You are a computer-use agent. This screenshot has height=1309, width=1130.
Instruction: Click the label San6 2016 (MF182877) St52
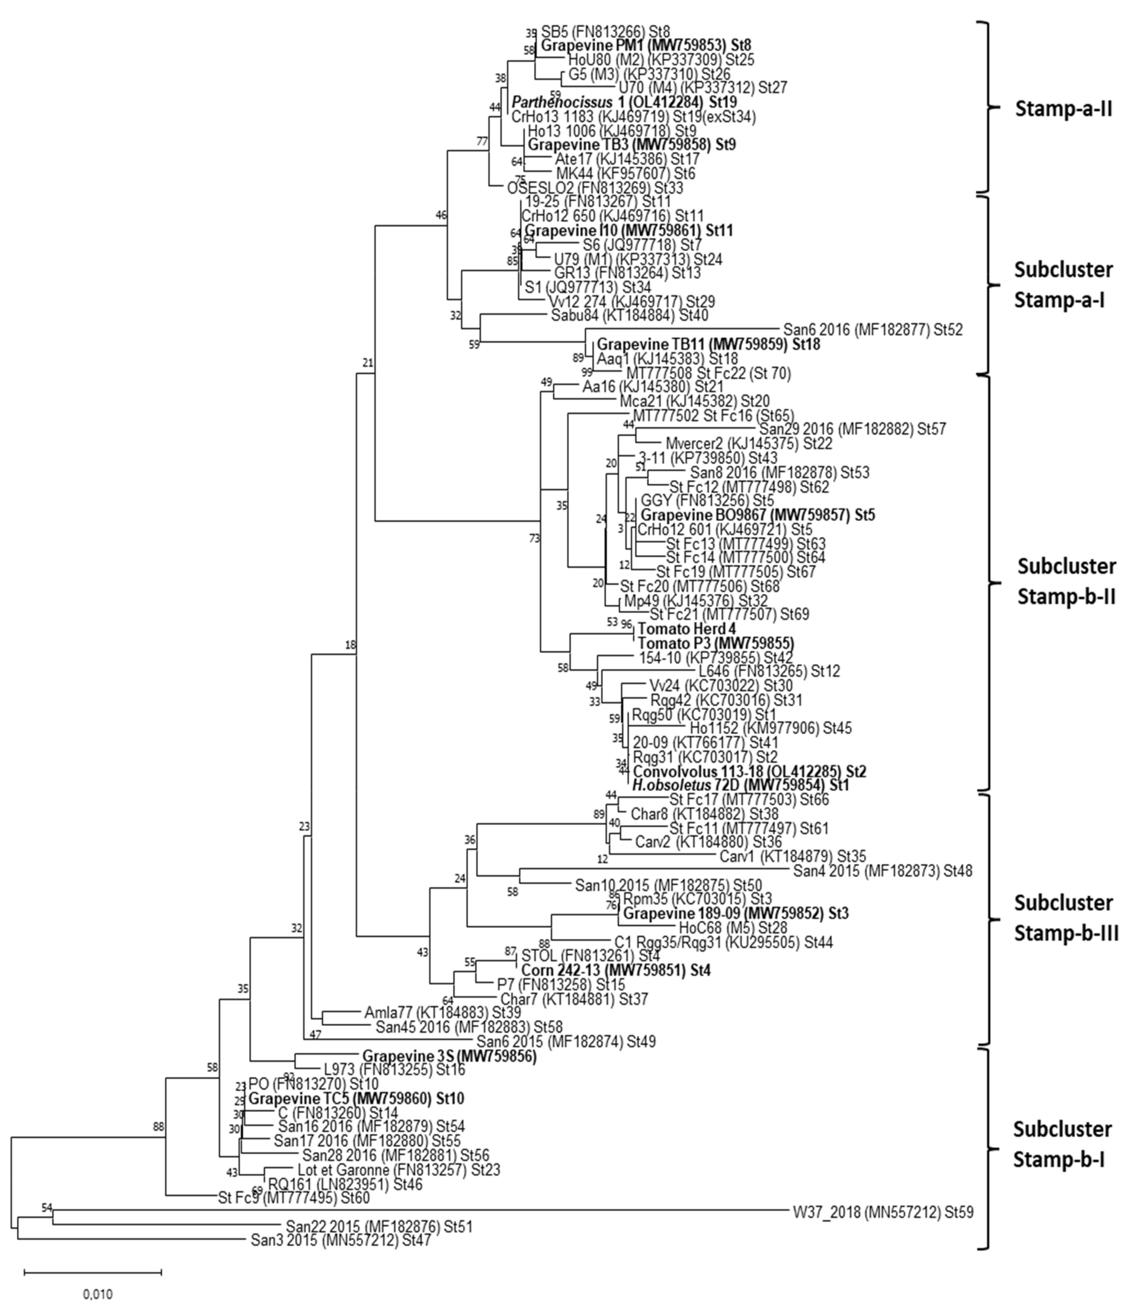(873, 330)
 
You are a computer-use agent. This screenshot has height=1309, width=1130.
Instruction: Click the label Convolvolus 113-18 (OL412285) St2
(749, 771)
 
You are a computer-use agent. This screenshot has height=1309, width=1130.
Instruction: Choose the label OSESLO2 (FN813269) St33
(595, 188)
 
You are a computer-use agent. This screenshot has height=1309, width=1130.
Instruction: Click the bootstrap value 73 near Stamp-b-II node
(535, 538)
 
